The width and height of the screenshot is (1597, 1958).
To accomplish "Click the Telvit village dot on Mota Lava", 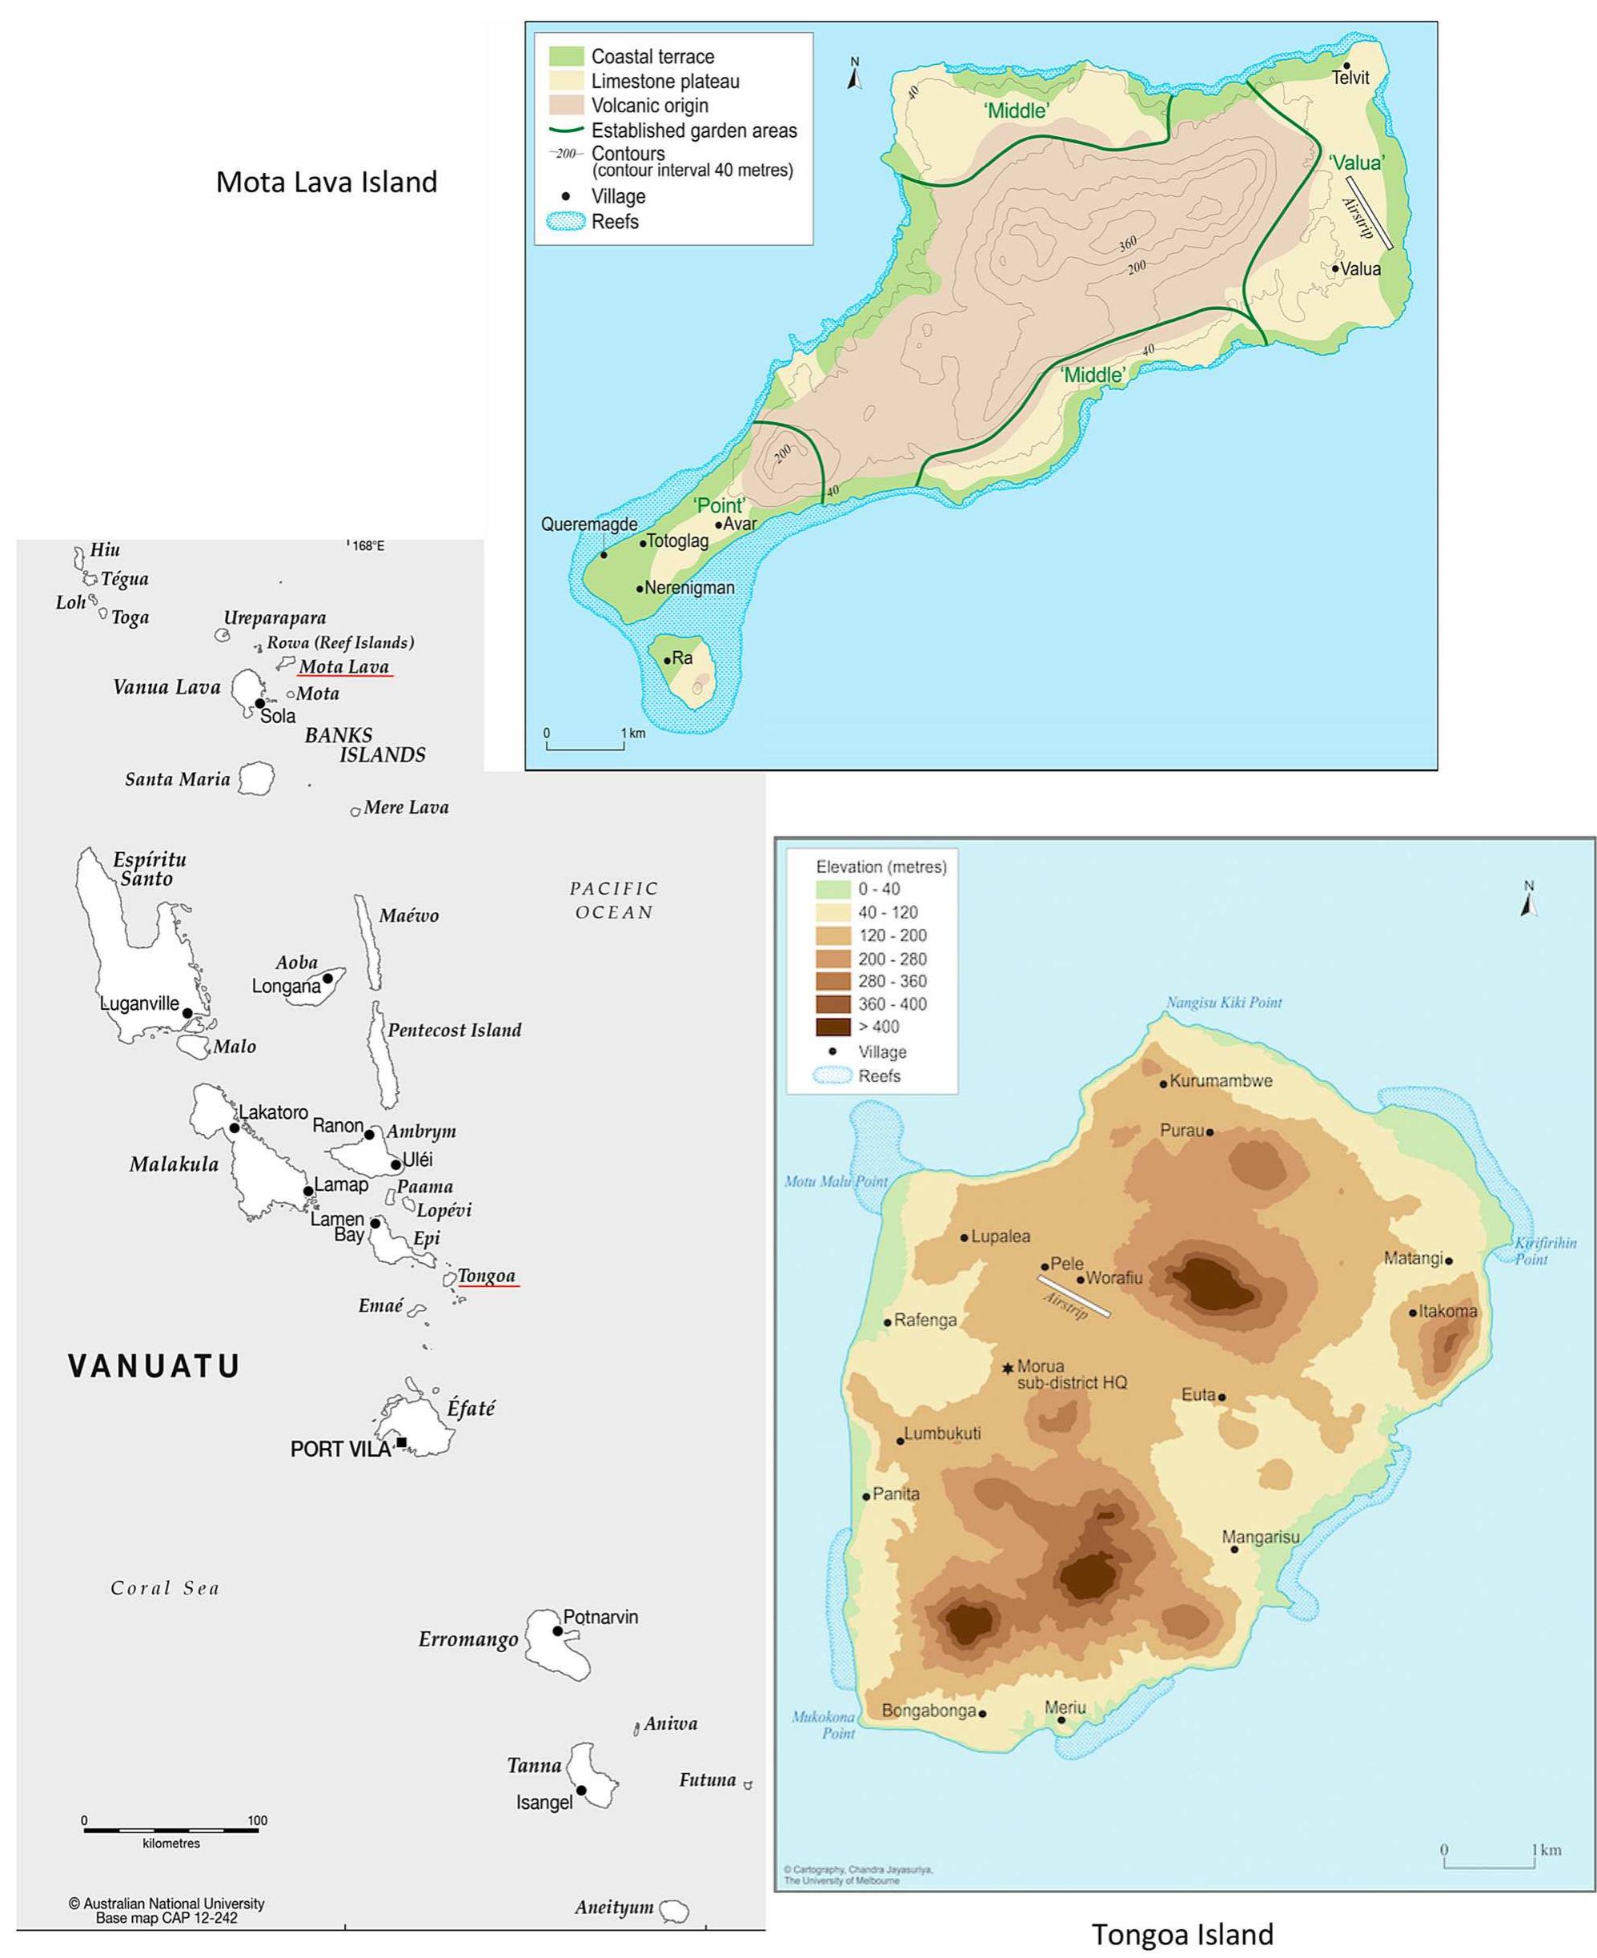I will pyautogui.click(x=1345, y=66).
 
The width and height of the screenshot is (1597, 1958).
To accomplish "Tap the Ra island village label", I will pyautogui.click(x=682, y=658).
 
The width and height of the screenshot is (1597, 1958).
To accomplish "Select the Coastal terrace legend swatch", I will pyautogui.click(x=566, y=56).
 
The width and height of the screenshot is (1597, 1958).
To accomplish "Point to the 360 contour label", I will pyautogui.click(x=1128, y=243).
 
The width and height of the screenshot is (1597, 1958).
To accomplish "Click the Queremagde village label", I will pyautogui.click(x=588, y=525).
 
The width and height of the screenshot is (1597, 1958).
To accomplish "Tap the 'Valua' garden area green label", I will pyautogui.click(x=1357, y=163).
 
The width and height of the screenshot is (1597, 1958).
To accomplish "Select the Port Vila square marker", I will pyautogui.click(x=401, y=1441).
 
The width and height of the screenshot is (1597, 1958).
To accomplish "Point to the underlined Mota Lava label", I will pyautogui.click(x=344, y=666).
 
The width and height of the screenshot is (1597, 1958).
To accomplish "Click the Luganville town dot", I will pyautogui.click(x=187, y=1012).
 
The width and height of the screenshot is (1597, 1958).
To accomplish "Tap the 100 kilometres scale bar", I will pyautogui.click(x=171, y=1830).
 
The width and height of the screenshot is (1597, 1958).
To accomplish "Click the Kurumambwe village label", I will pyautogui.click(x=1221, y=1081).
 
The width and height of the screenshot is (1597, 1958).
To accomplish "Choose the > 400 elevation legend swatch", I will pyautogui.click(x=833, y=1027).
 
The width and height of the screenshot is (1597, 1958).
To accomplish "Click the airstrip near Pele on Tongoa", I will pyautogui.click(x=1073, y=1296).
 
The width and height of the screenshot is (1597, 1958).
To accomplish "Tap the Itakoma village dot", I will pyautogui.click(x=1413, y=1312).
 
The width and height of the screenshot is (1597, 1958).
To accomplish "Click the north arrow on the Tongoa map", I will pyautogui.click(x=1528, y=899).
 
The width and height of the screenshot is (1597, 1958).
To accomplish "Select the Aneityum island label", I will pyautogui.click(x=614, y=1908).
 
